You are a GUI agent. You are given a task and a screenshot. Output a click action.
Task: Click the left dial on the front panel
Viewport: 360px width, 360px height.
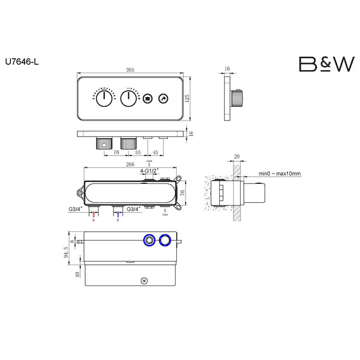point(103,99)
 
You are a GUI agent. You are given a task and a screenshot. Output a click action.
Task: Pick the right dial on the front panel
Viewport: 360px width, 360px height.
point(129,99)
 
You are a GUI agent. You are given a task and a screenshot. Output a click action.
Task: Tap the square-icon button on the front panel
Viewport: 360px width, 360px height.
point(147,99)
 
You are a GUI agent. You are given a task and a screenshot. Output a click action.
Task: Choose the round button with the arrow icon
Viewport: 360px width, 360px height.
point(163,99)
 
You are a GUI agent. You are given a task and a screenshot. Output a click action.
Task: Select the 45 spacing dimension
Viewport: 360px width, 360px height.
point(156,152)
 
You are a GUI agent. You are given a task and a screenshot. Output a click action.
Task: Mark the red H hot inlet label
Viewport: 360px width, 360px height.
point(94,221)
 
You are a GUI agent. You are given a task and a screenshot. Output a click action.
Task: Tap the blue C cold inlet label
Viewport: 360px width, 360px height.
point(117,221)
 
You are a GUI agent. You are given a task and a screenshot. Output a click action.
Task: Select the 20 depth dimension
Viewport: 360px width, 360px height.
point(237,157)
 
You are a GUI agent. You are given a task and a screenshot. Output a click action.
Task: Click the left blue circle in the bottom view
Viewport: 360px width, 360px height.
point(150,239)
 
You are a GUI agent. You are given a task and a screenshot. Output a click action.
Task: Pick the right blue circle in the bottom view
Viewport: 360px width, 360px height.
point(165,239)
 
